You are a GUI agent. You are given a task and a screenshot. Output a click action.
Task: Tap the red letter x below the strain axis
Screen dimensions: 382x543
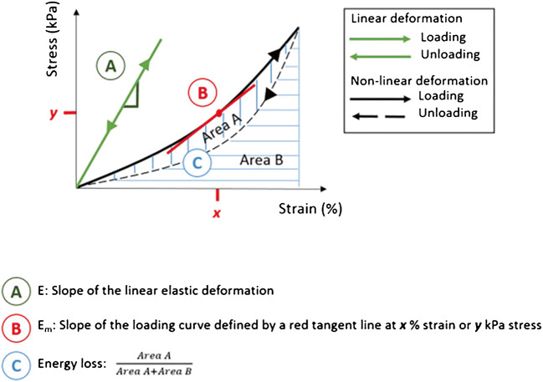pyautogui.click(x=217, y=214)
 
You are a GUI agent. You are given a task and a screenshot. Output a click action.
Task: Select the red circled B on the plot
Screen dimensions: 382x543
pyautogui.click(x=201, y=92)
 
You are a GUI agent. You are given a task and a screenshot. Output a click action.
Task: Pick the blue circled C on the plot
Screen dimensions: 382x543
pyautogui.click(x=195, y=162)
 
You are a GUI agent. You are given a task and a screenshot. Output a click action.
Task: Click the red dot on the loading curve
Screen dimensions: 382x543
pyautogui.click(x=219, y=112)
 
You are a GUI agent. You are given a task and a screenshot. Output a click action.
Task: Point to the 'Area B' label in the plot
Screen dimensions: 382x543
pyautogui.click(x=260, y=159)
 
